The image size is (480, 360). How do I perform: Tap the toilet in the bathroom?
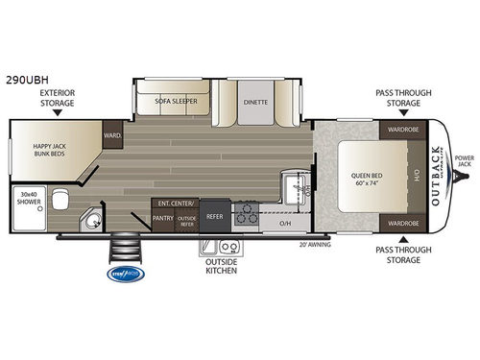point(60,200)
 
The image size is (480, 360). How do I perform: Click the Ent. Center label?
point(174,204)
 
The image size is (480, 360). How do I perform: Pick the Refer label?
point(215,217)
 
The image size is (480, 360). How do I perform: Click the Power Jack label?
point(464,160)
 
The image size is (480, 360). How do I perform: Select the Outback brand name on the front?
point(439,174)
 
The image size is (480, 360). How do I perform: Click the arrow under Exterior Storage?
point(58,112)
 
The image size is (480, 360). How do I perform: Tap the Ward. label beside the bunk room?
point(112,135)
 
